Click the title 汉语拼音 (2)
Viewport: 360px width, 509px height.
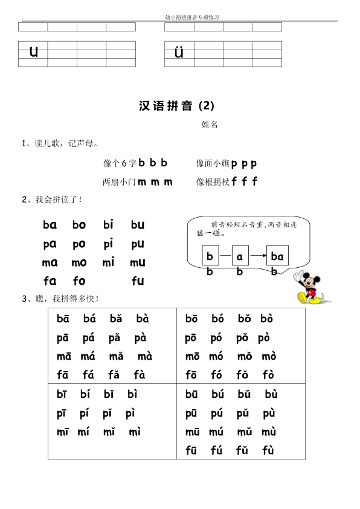click(176, 106)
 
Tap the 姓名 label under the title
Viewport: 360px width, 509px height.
click(210, 125)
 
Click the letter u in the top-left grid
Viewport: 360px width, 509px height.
click(33, 52)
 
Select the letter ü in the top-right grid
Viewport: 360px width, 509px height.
click(179, 53)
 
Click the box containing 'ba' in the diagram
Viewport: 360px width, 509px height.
click(277, 256)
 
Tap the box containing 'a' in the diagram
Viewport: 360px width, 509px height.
click(240, 256)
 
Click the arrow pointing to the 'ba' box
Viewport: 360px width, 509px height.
click(258, 256)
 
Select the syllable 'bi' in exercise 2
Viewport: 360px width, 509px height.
click(108, 225)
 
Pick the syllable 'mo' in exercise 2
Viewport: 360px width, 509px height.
click(79, 263)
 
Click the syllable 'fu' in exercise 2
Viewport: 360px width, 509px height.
click(137, 281)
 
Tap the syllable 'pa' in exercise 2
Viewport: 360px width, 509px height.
click(50, 244)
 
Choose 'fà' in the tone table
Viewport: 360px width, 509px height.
click(139, 375)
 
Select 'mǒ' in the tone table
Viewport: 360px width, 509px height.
click(245, 357)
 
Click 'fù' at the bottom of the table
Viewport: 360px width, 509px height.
click(268, 451)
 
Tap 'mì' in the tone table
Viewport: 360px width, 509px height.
click(135, 432)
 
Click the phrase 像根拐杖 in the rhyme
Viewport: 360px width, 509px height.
click(212, 181)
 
